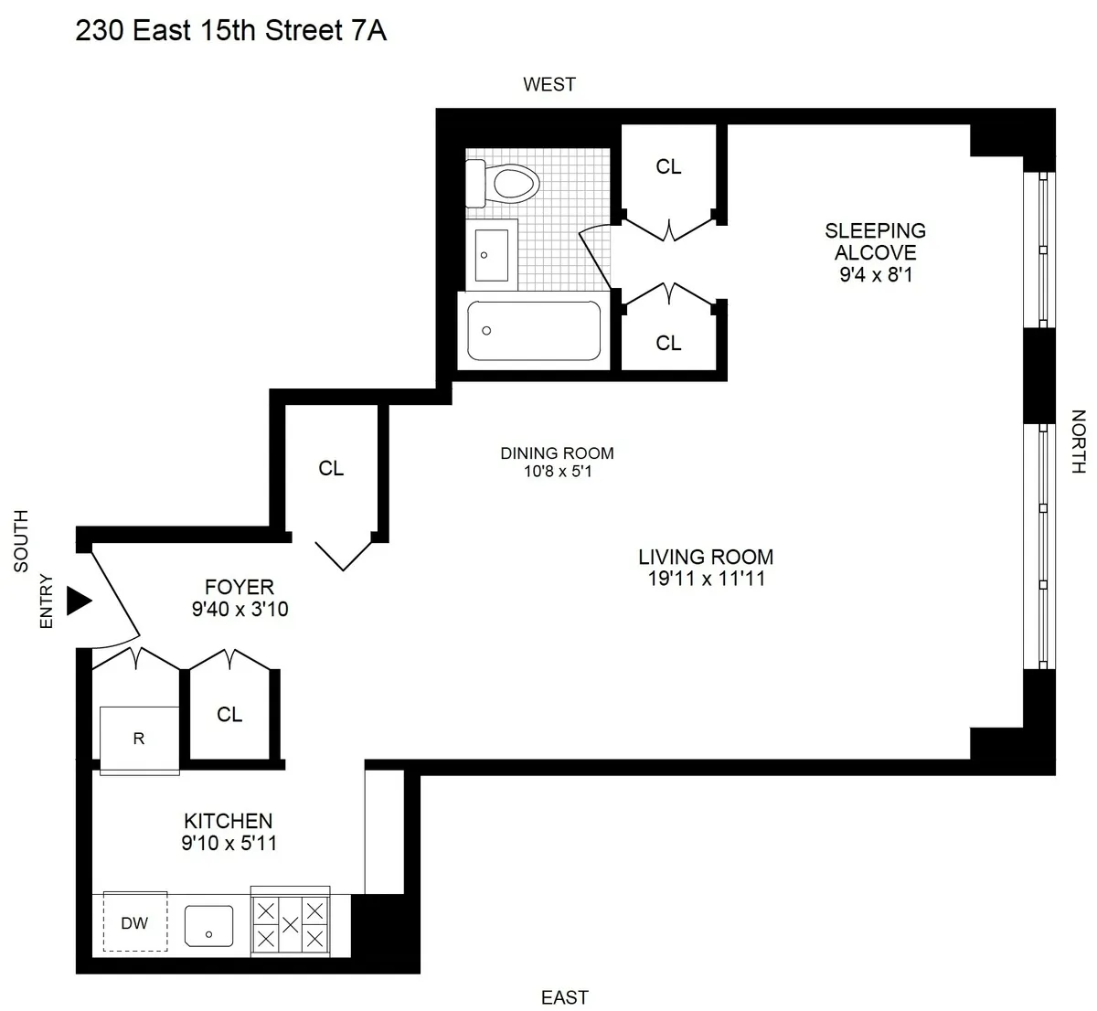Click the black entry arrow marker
click(x=80, y=601)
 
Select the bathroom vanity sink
click(x=492, y=254)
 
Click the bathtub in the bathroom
click(x=534, y=331)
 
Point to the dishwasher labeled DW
click(x=135, y=922)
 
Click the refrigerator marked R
click(x=139, y=739)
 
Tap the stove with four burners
click(x=291, y=923)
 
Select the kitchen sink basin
click(x=209, y=926)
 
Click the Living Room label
click(x=706, y=557)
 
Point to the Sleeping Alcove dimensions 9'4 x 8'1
click(x=876, y=273)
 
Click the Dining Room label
click(x=557, y=453)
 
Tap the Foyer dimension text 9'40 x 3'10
click(x=240, y=609)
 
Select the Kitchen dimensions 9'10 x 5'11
click(x=229, y=843)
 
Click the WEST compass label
click(x=549, y=85)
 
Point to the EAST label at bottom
click(x=564, y=997)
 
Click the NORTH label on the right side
click(x=1079, y=442)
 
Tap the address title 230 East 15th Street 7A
click(x=231, y=31)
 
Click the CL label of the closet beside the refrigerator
click(x=229, y=715)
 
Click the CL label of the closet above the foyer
click(x=331, y=468)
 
